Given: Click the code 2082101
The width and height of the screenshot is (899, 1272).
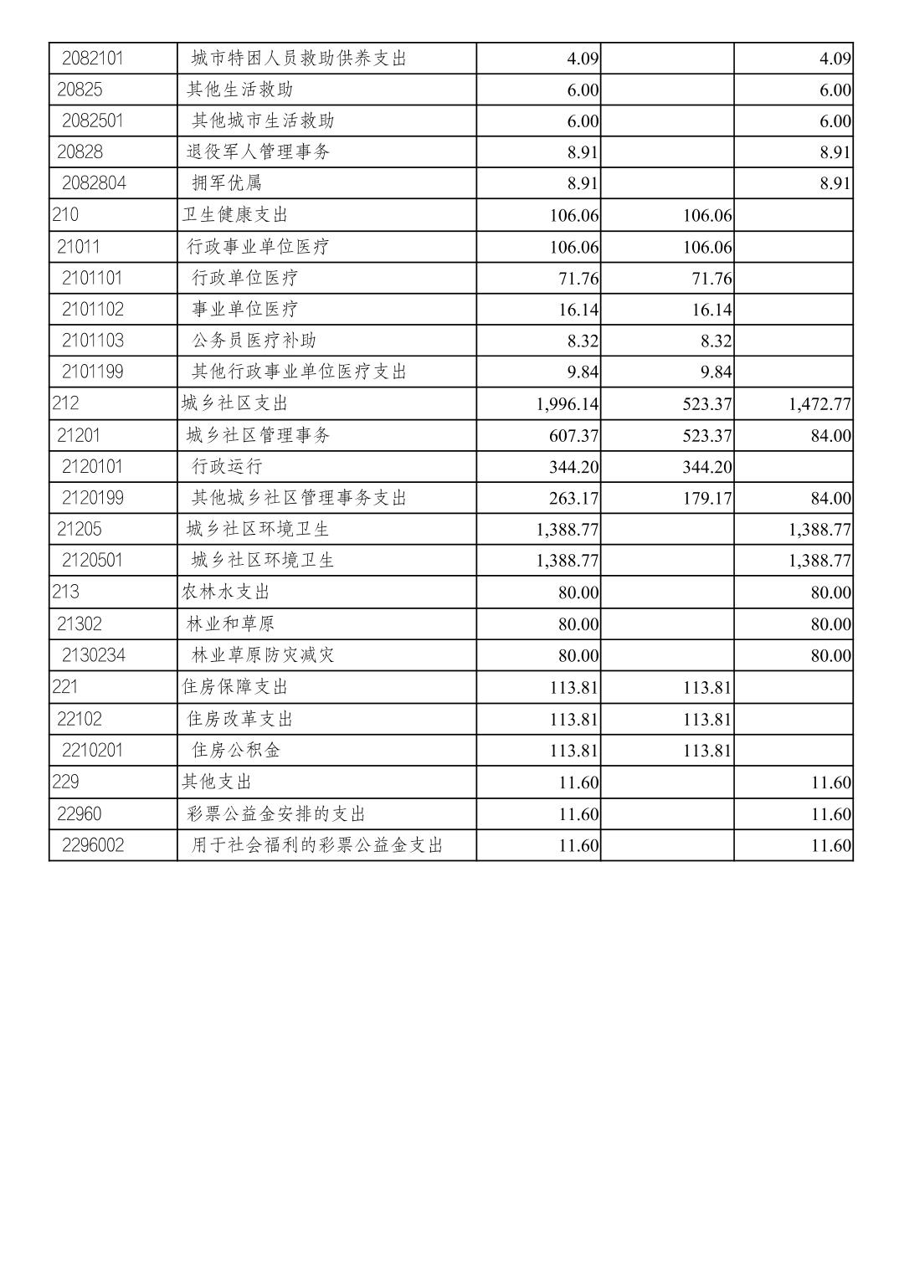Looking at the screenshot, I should click(92, 59).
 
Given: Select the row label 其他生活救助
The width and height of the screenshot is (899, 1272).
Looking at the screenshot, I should click(239, 90).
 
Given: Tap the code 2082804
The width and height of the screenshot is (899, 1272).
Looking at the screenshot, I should click(94, 183).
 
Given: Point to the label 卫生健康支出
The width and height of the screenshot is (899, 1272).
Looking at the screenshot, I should click(234, 215).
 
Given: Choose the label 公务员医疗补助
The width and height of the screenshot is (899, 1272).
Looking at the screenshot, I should click(254, 341).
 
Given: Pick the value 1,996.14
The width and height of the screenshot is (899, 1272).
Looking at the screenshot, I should click(568, 404).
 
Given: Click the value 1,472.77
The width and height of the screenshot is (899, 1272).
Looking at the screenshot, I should click(819, 404).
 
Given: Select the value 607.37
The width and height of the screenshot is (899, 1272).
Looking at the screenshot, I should click(573, 436).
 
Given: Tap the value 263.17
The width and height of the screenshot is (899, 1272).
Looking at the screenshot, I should click(573, 499).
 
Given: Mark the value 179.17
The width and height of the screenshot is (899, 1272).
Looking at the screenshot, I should click(706, 499).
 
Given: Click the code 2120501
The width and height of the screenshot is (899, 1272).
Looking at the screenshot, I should click(92, 560).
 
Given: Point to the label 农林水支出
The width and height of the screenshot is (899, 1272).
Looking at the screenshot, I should click(226, 592).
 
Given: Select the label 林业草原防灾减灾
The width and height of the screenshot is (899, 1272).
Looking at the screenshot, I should click(263, 655).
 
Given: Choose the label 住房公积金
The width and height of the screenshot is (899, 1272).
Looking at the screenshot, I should click(235, 750).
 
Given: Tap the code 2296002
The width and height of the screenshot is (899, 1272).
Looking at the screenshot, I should click(92, 845).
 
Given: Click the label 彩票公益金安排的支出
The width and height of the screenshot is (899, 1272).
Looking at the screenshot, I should click(276, 814).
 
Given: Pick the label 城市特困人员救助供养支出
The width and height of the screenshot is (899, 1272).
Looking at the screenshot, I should click(299, 59).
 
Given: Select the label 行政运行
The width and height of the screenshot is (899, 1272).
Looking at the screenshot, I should click(227, 467).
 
